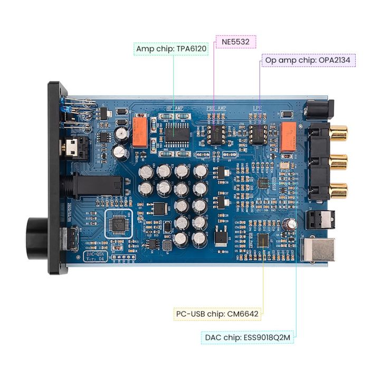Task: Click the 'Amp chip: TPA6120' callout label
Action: (x=171, y=49)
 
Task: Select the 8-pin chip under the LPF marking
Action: (x=259, y=134)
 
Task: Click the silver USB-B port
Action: (x=317, y=249)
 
